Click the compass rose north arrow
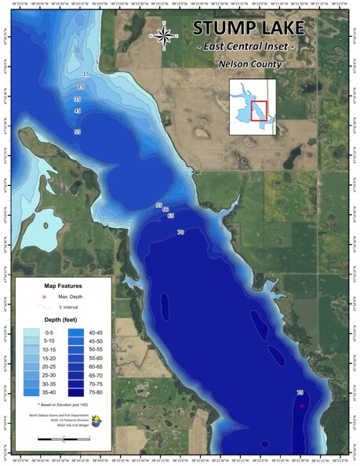tap(165, 35)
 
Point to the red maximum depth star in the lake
tap(303, 406)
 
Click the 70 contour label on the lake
tap(180, 232)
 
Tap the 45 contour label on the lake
tap(77, 111)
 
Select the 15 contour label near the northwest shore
tap(85, 75)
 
